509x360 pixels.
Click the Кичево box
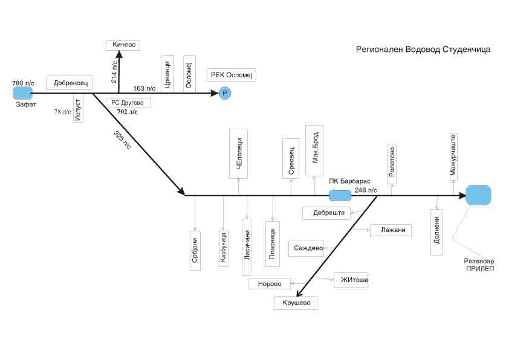(123, 45)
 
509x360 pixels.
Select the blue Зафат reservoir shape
(23, 92)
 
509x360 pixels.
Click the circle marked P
(224, 93)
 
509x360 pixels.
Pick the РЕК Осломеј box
(232, 75)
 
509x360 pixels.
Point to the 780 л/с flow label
(24, 82)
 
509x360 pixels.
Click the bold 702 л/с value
(127, 112)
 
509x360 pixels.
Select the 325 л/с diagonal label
(122, 140)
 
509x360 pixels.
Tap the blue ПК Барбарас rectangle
(340, 195)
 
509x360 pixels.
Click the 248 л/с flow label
(366, 190)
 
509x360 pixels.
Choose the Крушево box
(296, 303)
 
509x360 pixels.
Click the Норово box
(269, 283)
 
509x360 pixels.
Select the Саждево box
(306, 248)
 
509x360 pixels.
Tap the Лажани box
(391, 230)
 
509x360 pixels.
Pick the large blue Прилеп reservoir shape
(479, 195)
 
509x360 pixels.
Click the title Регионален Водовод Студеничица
(423, 50)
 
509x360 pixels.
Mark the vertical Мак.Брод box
(314, 150)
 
